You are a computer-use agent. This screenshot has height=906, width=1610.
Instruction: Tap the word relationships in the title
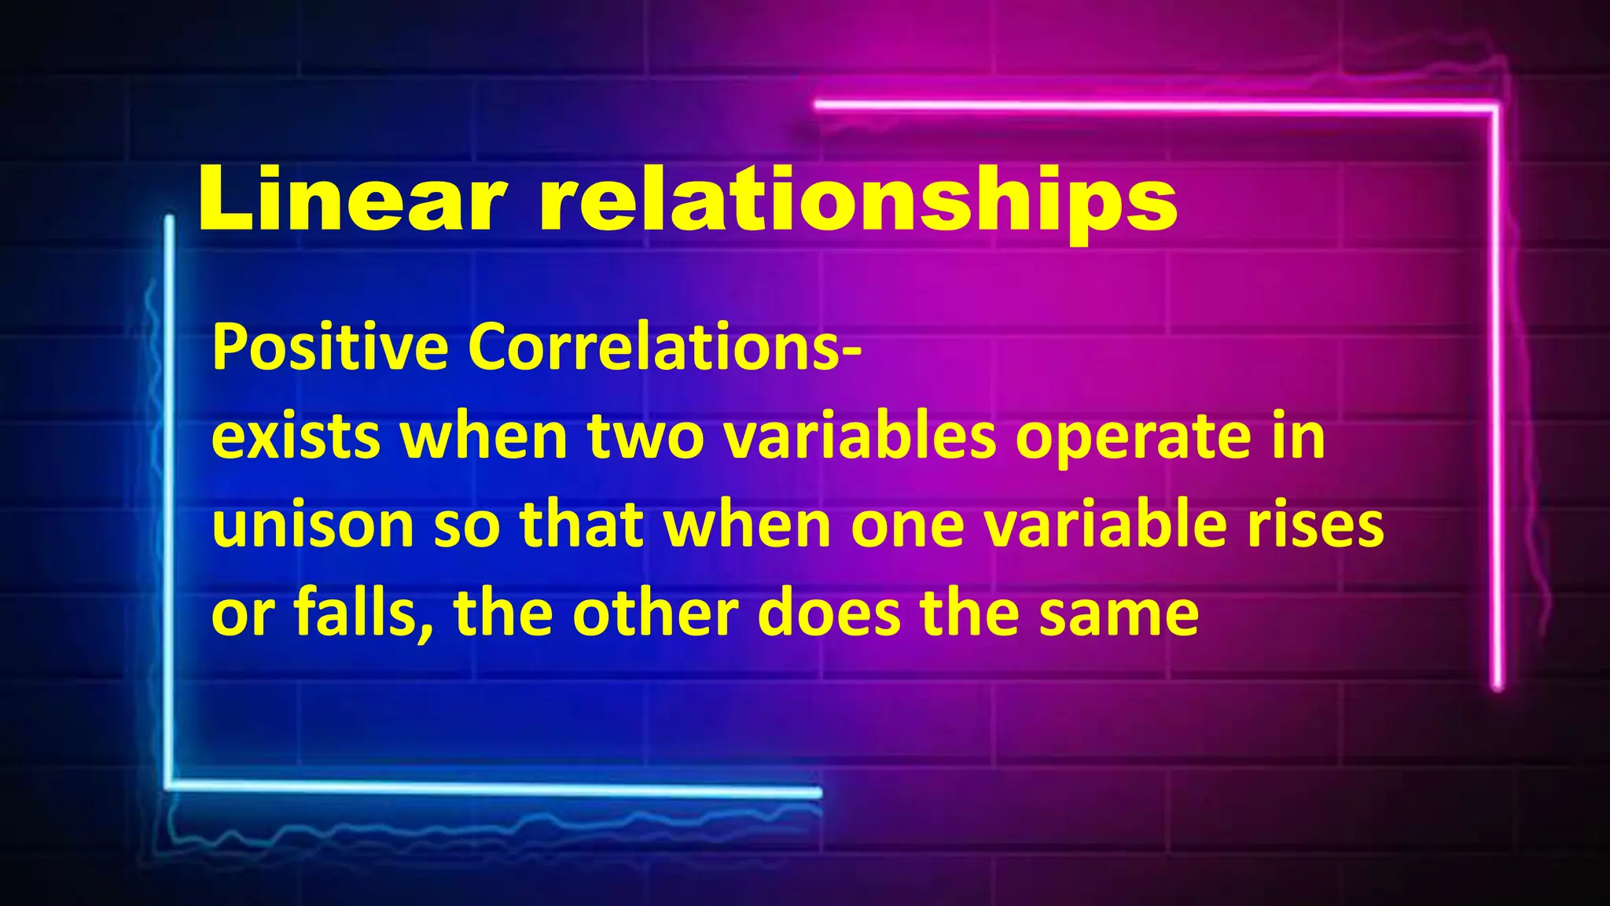(858, 202)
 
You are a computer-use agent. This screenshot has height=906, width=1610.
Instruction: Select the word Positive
(330, 348)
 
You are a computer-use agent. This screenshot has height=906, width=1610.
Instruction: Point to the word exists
(296, 437)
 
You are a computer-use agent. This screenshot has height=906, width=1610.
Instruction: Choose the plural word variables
(860, 437)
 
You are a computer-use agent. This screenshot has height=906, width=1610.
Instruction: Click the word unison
(313, 525)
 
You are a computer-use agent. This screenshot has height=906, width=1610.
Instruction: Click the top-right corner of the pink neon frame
(1495, 106)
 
